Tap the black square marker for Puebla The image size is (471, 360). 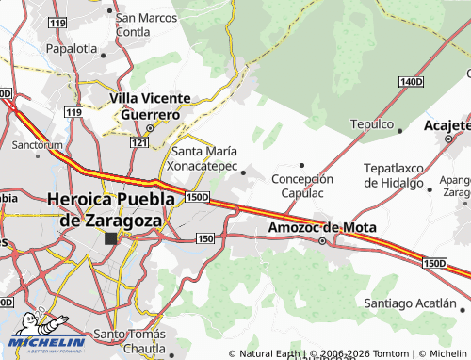coord(110,238)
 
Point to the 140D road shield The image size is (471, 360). coord(411,83)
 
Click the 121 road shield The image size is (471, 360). coord(138,142)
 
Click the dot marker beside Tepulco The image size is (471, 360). coord(400,132)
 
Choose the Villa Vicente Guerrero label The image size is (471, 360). coord(151,106)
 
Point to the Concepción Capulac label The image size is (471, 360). coord(303,186)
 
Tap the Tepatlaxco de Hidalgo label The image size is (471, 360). coord(395,174)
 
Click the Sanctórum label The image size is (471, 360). coord(38,145)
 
